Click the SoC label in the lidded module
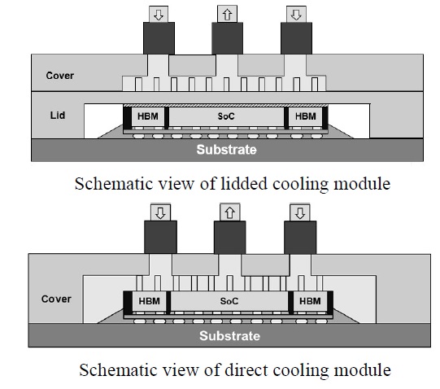point(226,116)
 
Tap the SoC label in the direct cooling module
point(229,301)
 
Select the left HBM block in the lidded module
point(148,116)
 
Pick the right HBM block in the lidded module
point(306,116)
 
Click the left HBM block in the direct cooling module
point(150,301)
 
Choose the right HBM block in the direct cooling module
point(310,301)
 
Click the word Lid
point(58,116)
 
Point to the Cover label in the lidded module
point(59,76)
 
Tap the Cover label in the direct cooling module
point(56,299)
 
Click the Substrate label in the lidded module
point(226,150)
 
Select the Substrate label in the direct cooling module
point(230,336)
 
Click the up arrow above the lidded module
point(227,15)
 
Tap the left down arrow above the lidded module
point(159,15)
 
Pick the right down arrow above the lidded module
point(296,15)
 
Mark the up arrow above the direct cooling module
point(230,213)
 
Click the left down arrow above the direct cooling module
point(160,213)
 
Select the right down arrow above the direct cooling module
point(300,213)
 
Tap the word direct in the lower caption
point(246,369)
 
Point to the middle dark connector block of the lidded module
point(227,38)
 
